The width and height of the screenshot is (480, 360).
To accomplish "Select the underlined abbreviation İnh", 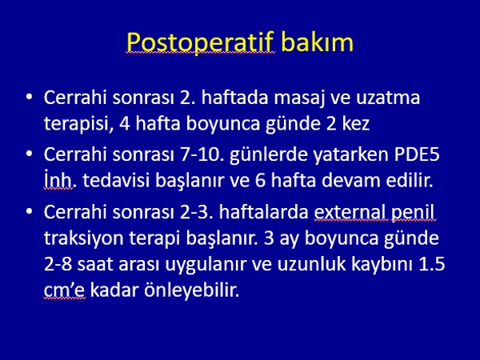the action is (58, 180).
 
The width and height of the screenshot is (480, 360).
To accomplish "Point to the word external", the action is (350, 212).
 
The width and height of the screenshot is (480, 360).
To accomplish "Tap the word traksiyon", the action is (83, 238).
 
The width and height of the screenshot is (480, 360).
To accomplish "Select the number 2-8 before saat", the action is (58, 265).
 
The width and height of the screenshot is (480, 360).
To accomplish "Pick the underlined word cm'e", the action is (65, 291).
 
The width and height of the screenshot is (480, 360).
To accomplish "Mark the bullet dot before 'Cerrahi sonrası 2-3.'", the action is (29, 212).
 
